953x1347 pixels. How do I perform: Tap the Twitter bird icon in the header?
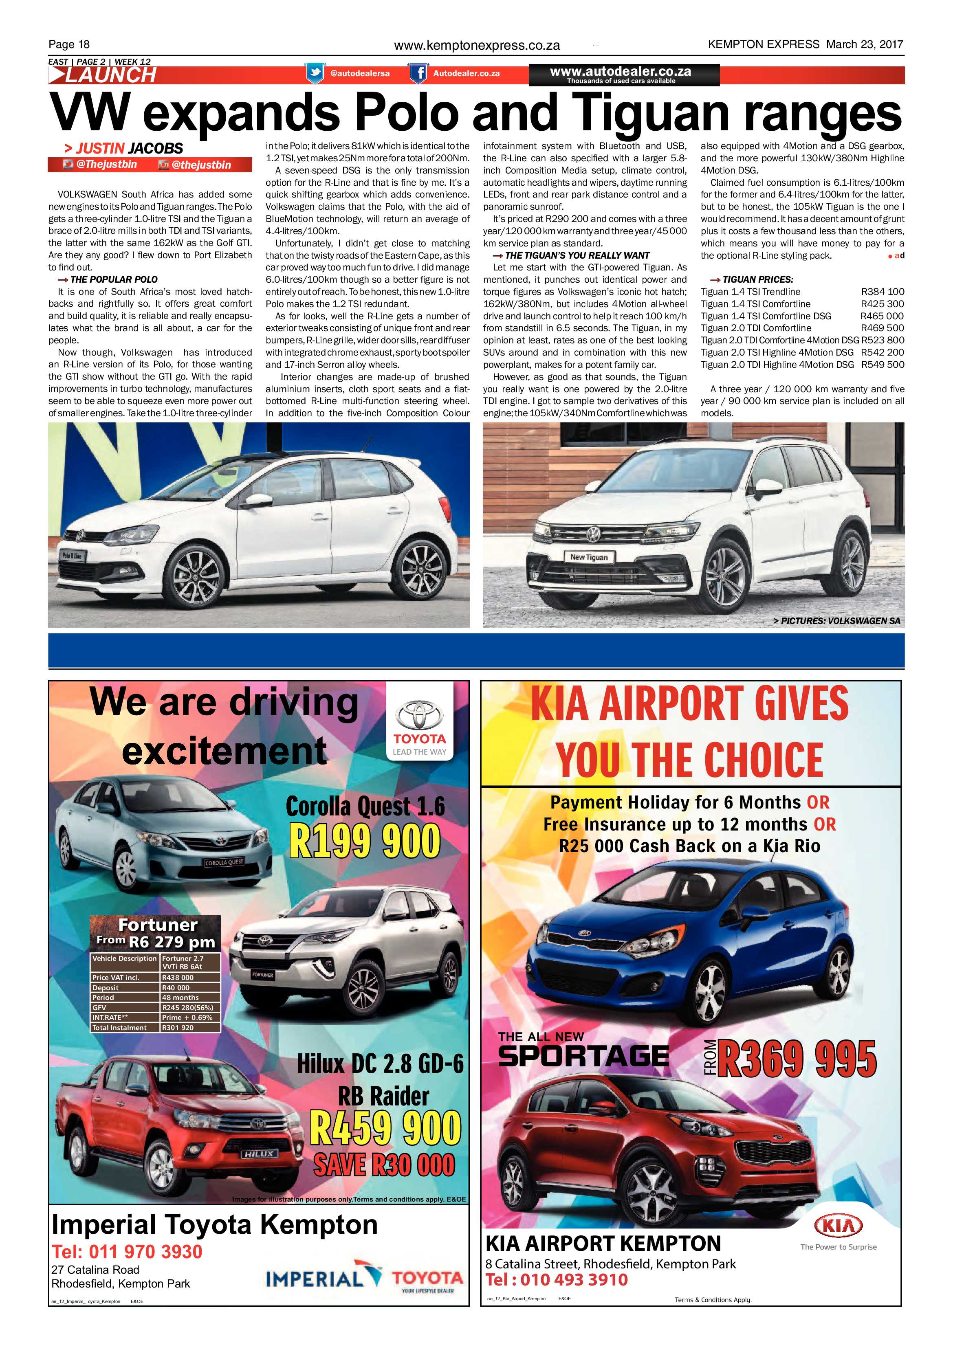(315, 73)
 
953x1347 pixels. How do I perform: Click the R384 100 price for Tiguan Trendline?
(882, 292)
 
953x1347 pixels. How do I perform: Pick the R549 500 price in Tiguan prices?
(882, 364)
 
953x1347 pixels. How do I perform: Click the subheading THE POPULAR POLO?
(113, 279)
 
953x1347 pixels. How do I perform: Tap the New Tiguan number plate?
(589, 557)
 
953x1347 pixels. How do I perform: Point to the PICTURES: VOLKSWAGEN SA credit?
(840, 621)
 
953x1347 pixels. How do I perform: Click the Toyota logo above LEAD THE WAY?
(420, 716)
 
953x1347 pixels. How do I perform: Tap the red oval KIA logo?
(838, 1226)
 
